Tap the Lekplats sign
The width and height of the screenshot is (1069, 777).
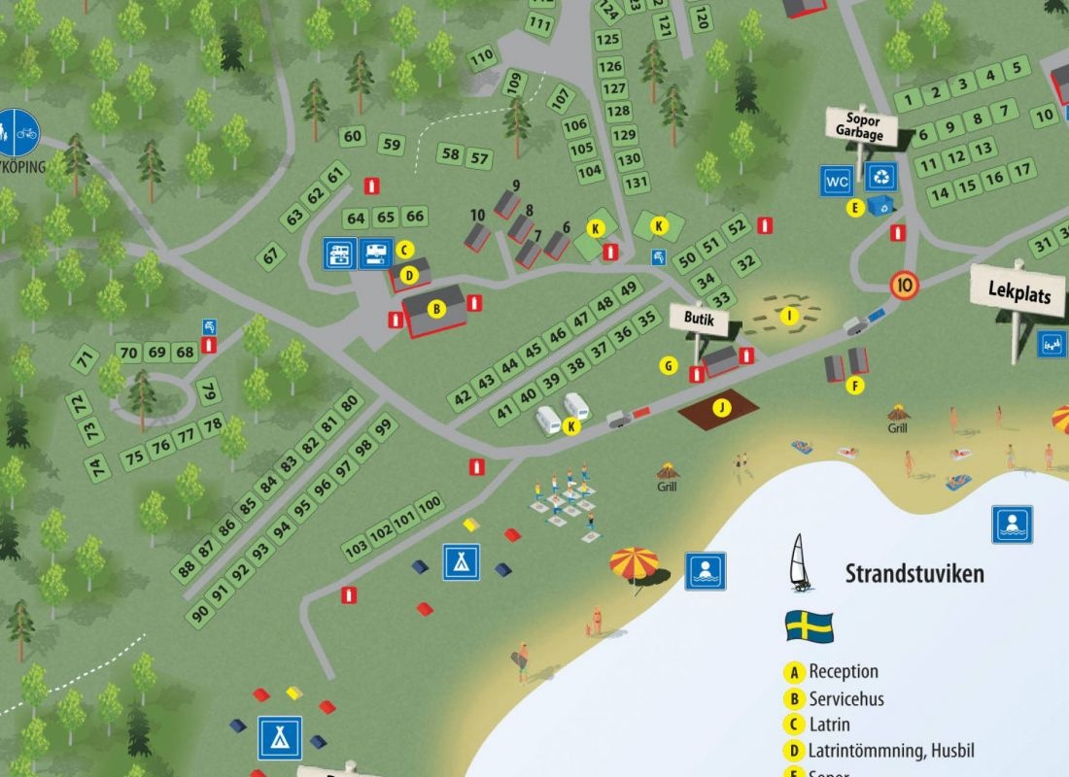pyautogui.click(x=1018, y=292)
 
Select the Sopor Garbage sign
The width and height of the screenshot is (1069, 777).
pyautogui.click(x=860, y=127)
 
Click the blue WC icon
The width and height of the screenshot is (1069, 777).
pyautogui.click(x=837, y=180)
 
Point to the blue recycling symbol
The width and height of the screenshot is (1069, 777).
pyautogui.click(x=881, y=178)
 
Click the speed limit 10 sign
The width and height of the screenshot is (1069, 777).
pyautogui.click(x=905, y=286)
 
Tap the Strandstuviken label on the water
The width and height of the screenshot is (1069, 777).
pyautogui.click(x=914, y=573)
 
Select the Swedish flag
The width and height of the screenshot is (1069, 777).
pyautogui.click(x=809, y=625)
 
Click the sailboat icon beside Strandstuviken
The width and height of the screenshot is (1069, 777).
pyautogui.click(x=800, y=563)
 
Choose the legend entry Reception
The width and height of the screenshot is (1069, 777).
pyautogui.click(x=843, y=672)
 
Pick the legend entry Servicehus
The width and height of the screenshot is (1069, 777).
pyautogui.click(x=845, y=698)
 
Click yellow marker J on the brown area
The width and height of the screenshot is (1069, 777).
pyautogui.click(x=720, y=407)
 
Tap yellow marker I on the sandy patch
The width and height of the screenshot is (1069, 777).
pyautogui.click(x=789, y=315)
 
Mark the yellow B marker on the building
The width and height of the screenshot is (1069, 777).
pyautogui.click(x=436, y=310)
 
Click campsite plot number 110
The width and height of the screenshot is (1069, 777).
pyautogui.click(x=481, y=57)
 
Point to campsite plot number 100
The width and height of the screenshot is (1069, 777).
pyautogui.click(x=429, y=503)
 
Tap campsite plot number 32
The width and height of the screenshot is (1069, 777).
pyautogui.click(x=745, y=262)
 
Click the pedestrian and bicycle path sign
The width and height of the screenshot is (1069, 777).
pyautogui.click(x=18, y=131)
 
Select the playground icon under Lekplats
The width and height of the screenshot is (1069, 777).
pyautogui.click(x=1051, y=343)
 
